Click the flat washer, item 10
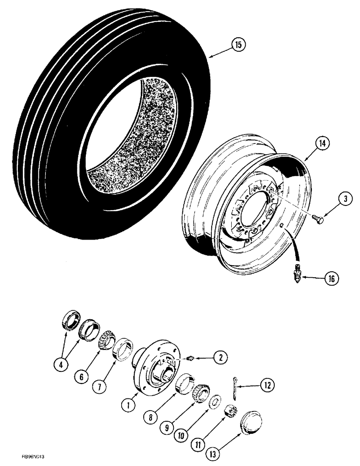click(215, 401)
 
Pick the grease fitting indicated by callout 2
click(190, 358)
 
